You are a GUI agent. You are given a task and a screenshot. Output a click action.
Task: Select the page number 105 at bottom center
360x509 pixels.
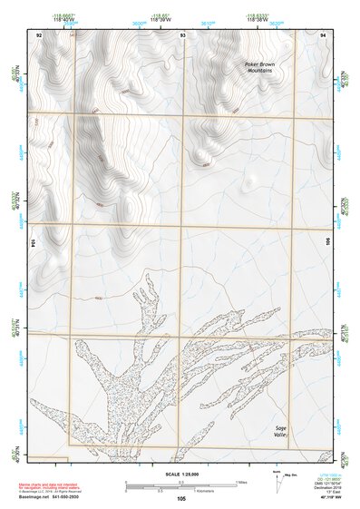(x=181, y=498)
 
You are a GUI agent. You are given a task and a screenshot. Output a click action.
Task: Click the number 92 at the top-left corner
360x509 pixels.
(x=39, y=34)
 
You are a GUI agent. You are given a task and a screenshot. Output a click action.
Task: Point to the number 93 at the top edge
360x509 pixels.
(x=183, y=34)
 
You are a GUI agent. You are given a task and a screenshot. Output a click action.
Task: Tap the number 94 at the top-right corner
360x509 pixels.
(x=324, y=34)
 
